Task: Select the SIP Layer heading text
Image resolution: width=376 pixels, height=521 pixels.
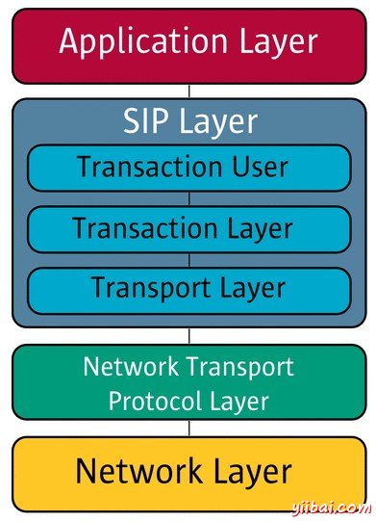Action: pos(190,121)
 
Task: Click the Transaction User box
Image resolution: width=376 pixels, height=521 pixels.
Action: pos(188,168)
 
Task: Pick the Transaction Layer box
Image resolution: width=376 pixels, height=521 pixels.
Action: pos(188,229)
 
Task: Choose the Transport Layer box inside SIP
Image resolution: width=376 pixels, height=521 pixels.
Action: pos(188,288)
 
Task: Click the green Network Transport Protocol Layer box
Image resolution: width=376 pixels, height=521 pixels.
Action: pos(188,382)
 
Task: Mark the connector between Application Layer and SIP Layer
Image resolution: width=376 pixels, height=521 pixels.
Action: pos(188,91)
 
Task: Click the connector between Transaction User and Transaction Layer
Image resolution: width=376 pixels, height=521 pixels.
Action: pos(188,198)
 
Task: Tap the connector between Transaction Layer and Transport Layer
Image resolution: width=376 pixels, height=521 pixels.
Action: pos(188,259)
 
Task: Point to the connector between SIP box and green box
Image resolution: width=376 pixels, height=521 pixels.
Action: pos(188,336)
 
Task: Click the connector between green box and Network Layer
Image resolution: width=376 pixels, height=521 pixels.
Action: pos(188,429)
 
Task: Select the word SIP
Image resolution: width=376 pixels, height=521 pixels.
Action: pos(146,121)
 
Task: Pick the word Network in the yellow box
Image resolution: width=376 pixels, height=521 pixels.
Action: pos(134,472)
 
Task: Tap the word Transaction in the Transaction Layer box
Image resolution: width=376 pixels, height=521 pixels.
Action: pos(133,229)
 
